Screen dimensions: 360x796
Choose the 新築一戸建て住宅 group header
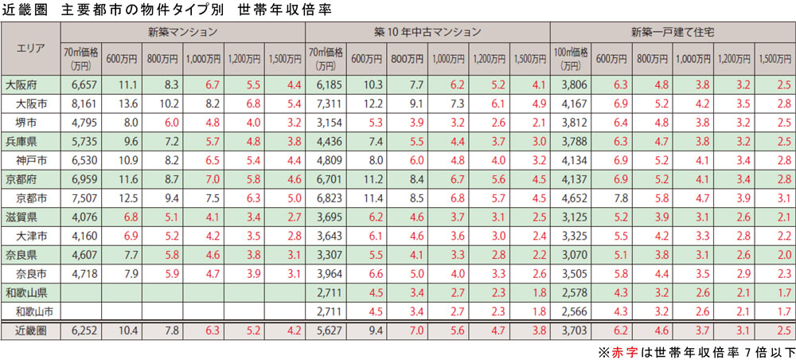(672, 31)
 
